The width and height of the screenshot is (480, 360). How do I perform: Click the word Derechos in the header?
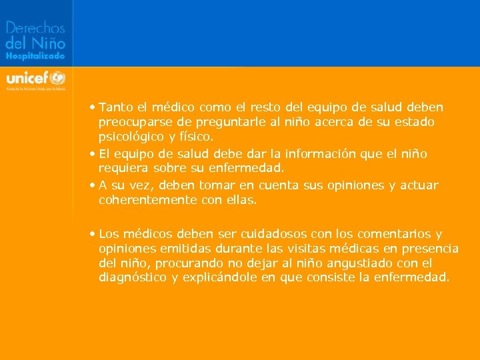(35, 28)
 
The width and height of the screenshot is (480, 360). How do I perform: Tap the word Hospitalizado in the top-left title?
(35, 57)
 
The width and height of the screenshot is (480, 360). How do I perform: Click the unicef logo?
(35, 77)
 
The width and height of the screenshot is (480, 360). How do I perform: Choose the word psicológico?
(128, 137)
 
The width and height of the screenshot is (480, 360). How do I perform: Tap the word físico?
(193, 137)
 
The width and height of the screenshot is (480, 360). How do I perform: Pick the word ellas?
(241, 199)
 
